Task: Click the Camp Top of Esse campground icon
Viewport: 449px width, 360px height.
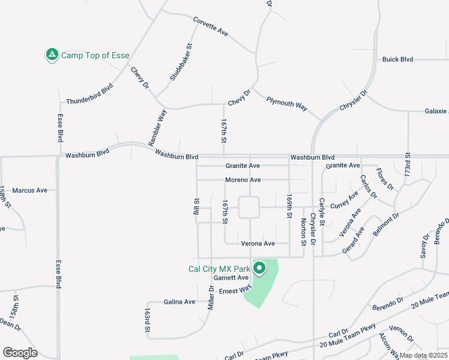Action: pyautogui.click(x=52, y=55)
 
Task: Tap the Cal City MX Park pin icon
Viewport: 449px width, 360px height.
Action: pyautogui.click(x=259, y=269)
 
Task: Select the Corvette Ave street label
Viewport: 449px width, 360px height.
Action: pyautogui.click(x=211, y=26)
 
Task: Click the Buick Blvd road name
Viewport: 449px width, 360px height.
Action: pyautogui.click(x=398, y=59)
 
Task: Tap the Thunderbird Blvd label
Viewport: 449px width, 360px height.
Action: pyautogui.click(x=89, y=94)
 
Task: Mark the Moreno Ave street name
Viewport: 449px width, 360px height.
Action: pyautogui.click(x=243, y=180)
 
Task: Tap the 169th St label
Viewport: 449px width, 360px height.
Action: pyautogui.click(x=289, y=205)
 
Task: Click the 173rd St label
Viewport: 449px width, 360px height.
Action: pyautogui.click(x=408, y=164)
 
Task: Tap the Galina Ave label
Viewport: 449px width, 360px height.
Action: pyautogui.click(x=180, y=302)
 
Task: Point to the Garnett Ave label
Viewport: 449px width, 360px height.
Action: pyautogui.click(x=231, y=278)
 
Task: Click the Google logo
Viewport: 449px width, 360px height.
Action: pyautogui.click(x=20, y=353)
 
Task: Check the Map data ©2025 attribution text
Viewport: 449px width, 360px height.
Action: pyautogui.click(x=423, y=356)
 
